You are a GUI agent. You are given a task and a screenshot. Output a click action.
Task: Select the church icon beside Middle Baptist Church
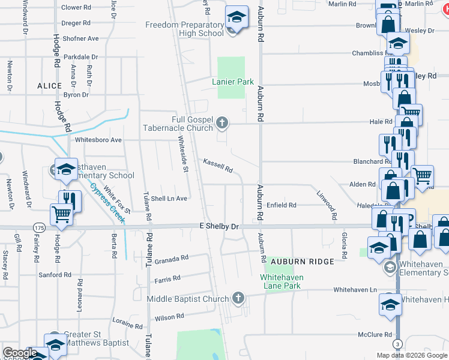238,298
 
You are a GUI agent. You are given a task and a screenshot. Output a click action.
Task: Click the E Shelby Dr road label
219,227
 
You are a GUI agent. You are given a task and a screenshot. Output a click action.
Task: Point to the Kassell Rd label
217,166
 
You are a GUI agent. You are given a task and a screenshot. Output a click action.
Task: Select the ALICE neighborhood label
50,86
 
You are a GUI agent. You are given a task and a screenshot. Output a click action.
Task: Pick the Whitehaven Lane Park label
282,281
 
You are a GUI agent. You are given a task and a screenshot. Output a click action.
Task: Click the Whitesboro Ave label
98,140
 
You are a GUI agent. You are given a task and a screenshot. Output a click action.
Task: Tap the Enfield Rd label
282,205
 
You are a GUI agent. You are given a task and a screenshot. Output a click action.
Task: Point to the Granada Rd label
172,260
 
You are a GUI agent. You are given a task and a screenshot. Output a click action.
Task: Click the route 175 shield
40,227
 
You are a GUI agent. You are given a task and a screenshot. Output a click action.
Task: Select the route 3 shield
397,343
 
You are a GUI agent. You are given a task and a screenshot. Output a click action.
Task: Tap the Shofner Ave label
80,38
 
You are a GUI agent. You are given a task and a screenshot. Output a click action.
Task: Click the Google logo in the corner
20,353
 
